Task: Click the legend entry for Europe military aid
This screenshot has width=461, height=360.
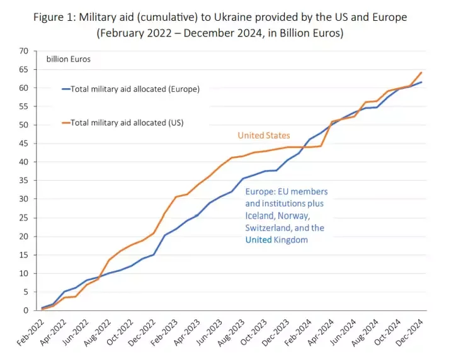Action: click(x=135, y=89)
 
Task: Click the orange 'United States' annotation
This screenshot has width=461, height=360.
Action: click(x=264, y=135)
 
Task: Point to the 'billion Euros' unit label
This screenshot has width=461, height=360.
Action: click(x=69, y=60)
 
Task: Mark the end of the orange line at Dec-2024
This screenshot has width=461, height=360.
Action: click(x=421, y=72)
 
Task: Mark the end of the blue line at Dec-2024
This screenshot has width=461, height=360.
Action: click(x=421, y=82)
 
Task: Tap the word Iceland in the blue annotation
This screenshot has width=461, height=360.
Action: click(x=261, y=216)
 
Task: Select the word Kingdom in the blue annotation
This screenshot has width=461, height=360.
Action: click(x=292, y=240)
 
